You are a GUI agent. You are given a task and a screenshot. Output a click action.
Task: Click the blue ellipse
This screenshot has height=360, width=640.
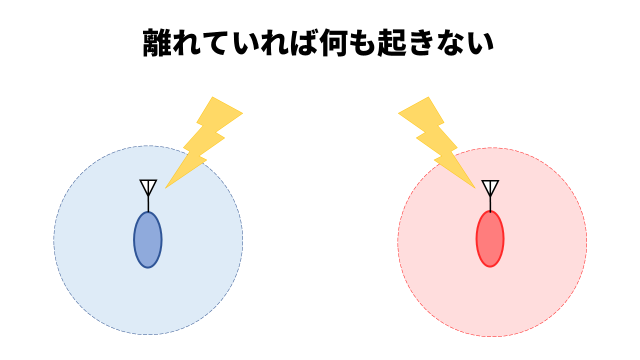click(148, 240)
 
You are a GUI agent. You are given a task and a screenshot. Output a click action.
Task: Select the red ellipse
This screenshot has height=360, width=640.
click(489, 239)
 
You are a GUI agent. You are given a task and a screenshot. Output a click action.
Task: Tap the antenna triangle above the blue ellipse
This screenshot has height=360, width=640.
click(148, 186)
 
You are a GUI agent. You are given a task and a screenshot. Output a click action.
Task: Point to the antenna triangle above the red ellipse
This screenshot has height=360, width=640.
click(489, 186)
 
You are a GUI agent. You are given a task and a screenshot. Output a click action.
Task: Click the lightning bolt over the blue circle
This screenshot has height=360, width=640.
click(204, 140)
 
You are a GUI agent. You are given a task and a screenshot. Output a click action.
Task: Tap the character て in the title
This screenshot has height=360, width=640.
click(223, 45)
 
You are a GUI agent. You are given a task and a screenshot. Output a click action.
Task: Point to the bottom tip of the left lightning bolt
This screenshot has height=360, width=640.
click(165, 187)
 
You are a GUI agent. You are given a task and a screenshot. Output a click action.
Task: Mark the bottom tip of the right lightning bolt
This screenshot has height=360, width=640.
click(474, 187)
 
